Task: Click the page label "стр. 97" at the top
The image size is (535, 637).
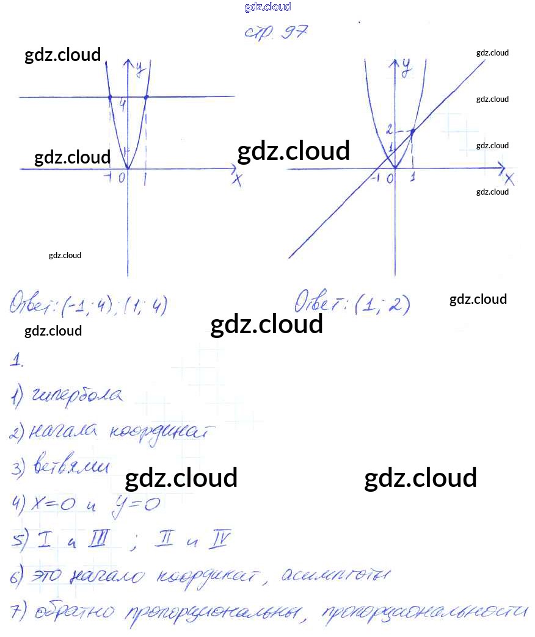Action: pos(275,31)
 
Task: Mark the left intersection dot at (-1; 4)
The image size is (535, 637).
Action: pos(109,97)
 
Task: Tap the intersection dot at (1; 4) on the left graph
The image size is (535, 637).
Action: pos(146,97)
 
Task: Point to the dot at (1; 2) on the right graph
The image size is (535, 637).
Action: pos(413,131)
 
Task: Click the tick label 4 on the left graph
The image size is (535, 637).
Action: pos(123,105)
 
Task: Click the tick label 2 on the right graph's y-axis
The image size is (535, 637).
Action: pos(389,129)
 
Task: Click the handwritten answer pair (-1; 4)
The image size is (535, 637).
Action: pos(87,305)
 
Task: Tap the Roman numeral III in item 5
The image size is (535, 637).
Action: pos(98,539)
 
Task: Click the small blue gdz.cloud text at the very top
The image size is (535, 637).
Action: pos(267,7)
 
